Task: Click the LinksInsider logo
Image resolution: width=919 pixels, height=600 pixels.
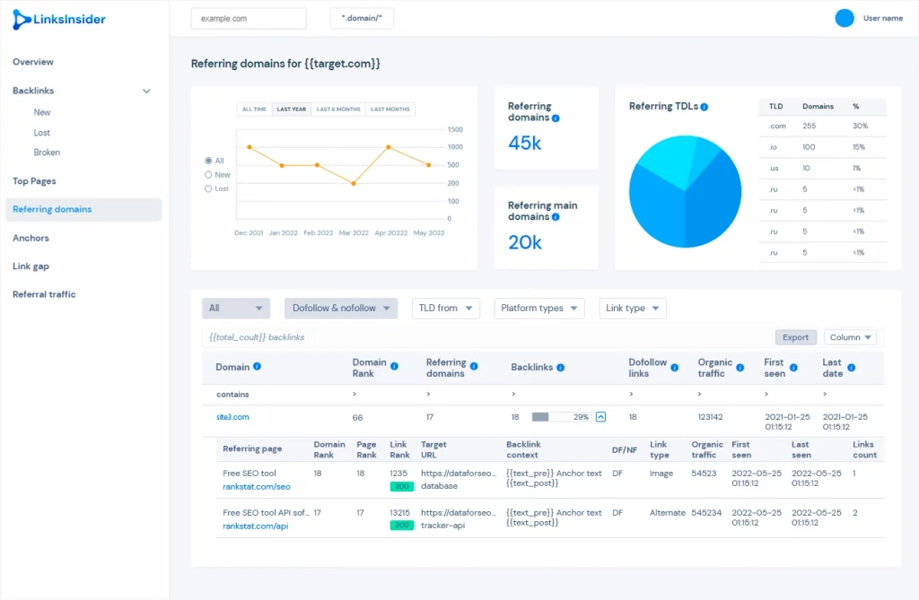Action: point(58,20)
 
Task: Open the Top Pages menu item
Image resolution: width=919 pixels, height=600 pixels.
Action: point(35,181)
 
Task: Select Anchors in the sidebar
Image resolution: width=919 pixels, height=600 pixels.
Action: point(31,238)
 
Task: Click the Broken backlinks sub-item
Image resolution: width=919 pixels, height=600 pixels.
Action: point(47,152)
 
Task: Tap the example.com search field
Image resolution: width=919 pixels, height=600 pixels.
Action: point(249,18)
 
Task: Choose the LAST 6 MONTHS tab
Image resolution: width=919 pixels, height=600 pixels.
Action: point(338,109)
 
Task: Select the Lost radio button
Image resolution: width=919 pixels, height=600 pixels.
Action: point(208,188)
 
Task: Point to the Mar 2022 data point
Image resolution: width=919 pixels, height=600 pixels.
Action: point(354,183)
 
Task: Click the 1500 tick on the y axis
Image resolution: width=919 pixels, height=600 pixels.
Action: point(455,129)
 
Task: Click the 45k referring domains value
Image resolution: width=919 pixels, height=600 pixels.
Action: point(524,143)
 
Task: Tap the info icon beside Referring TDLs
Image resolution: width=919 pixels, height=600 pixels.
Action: point(704,107)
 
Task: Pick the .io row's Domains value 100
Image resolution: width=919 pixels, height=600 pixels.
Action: point(809,147)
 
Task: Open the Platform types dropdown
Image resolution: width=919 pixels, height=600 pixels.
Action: point(539,309)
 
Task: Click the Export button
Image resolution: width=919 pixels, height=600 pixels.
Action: point(795,337)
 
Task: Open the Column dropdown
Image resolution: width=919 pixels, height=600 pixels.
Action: point(850,337)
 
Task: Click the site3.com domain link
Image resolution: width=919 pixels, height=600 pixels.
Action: point(232,417)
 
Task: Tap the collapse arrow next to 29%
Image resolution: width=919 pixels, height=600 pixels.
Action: point(600,417)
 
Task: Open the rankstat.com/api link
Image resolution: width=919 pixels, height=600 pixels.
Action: point(256,526)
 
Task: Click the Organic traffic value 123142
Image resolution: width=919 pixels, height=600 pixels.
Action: point(711,417)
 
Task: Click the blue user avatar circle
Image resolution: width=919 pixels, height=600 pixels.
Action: point(845,18)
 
